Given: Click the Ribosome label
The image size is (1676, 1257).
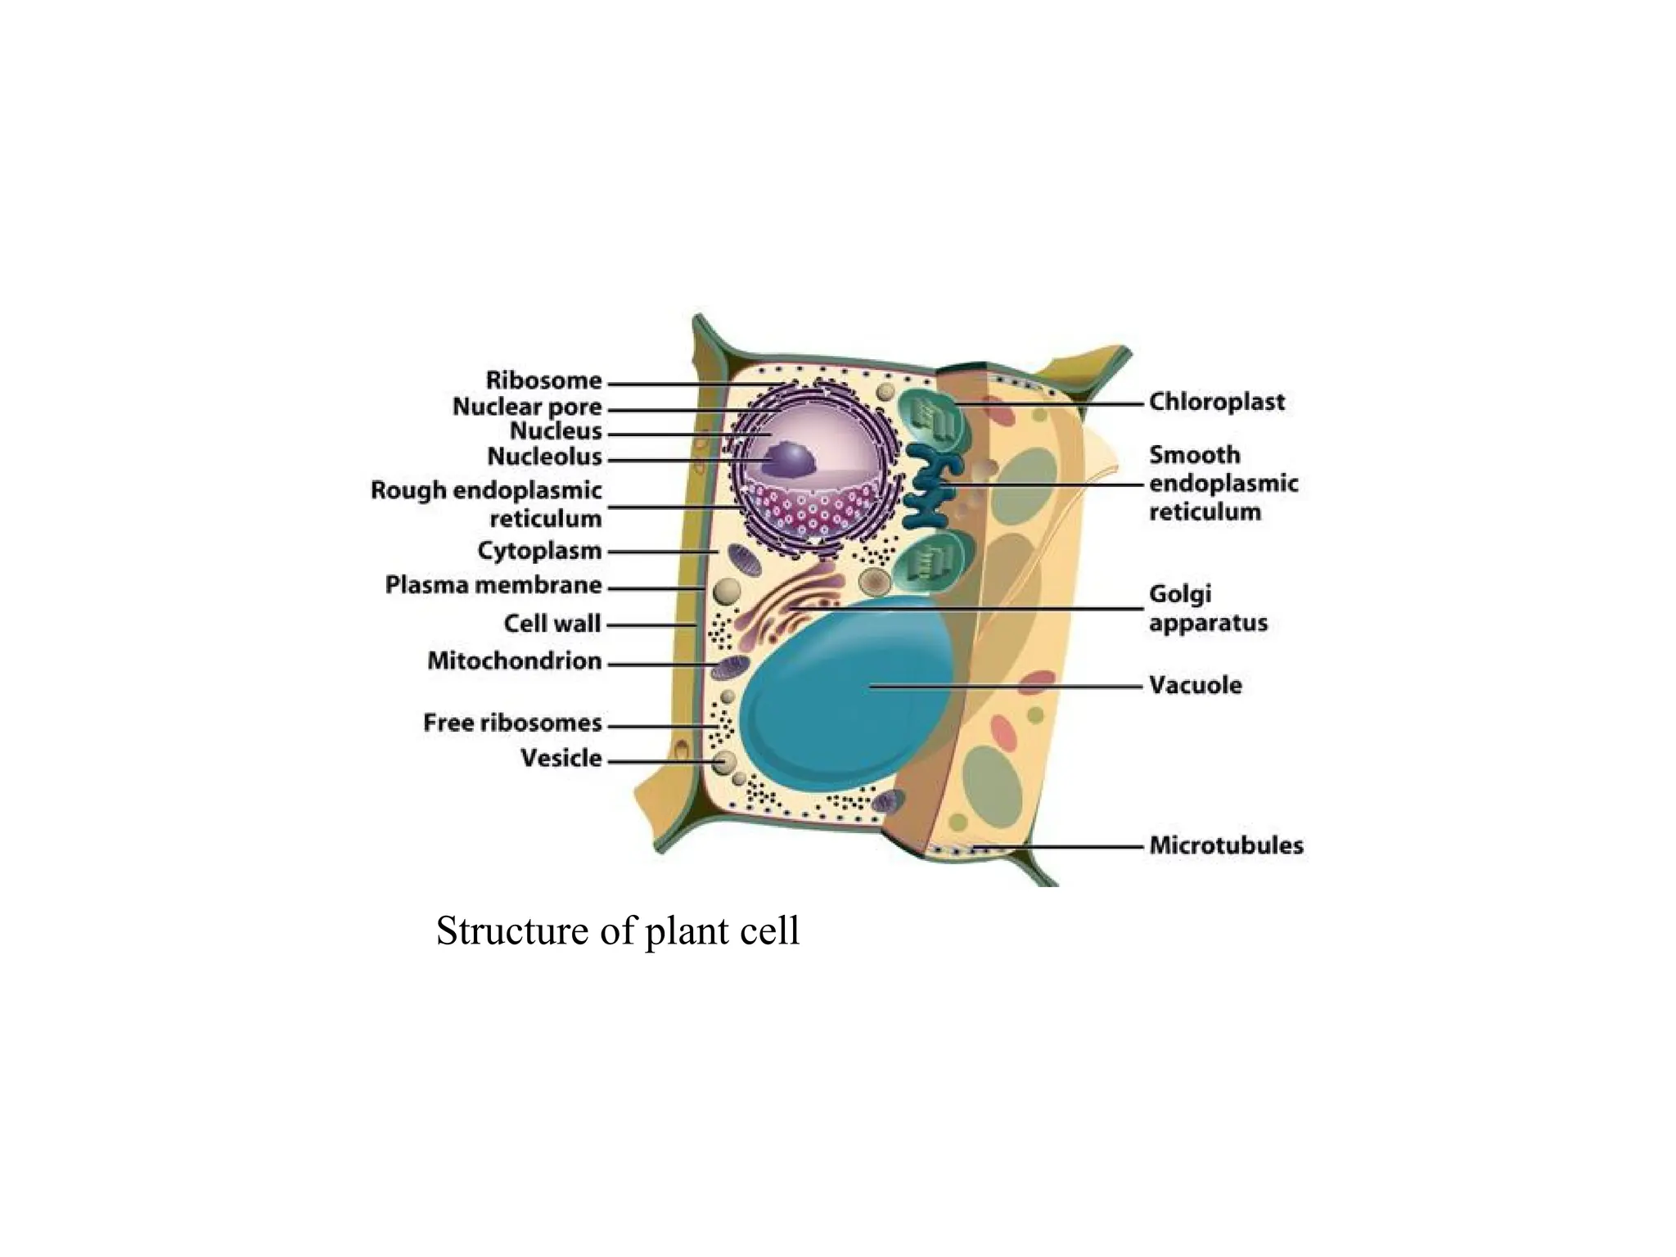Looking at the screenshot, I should pos(543,381).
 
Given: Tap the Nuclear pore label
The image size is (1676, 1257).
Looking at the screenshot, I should pos(527,407).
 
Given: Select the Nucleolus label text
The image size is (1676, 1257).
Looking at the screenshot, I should pos(544,457).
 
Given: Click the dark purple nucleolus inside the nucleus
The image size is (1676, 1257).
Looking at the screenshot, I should pos(789,461).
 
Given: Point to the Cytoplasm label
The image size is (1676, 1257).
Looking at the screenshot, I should pos(539,551).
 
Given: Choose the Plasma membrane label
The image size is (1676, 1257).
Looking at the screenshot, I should pos(493,585).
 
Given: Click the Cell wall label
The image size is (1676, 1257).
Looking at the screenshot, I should pos(552,624).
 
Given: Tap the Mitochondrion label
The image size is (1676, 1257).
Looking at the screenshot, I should pos(515,661).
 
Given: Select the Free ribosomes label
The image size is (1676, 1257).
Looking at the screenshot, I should pos(512,723).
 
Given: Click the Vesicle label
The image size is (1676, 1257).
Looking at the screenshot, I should pos(561,759).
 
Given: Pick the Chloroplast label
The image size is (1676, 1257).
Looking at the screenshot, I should pos(1217,402).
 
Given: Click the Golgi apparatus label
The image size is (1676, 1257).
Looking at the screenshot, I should pos(1208,608).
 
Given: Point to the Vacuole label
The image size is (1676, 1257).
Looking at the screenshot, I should pos(1196,685).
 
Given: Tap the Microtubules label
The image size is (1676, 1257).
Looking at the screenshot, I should pos(1226,845).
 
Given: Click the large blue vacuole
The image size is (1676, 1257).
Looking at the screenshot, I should pos(843,704).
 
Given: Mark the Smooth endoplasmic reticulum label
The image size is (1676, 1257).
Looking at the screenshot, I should pos(1223,484).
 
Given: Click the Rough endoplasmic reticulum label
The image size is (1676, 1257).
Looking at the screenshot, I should pos(486,504).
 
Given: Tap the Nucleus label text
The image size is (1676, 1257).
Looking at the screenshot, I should pos(556,431).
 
